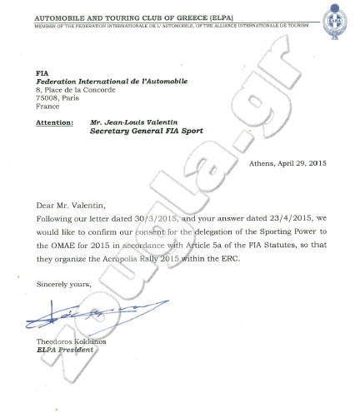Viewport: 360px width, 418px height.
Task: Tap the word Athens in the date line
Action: point(265,164)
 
